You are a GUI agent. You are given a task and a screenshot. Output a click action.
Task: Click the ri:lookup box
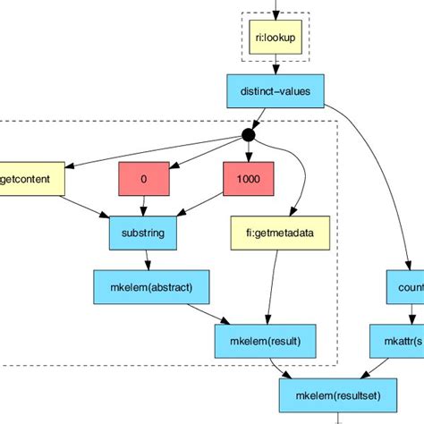[x=276, y=39]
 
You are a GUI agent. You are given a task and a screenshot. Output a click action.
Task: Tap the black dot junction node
[x=248, y=136]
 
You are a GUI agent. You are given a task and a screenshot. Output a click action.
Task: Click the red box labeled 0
[x=143, y=179]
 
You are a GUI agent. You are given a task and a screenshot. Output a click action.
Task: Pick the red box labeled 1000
[x=248, y=179]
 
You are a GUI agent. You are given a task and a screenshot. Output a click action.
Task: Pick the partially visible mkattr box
[x=399, y=340]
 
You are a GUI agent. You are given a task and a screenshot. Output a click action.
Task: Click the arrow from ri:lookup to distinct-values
[x=276, y=65]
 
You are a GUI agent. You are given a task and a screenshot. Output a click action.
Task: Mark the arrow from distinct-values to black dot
[x=261, y=114]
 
